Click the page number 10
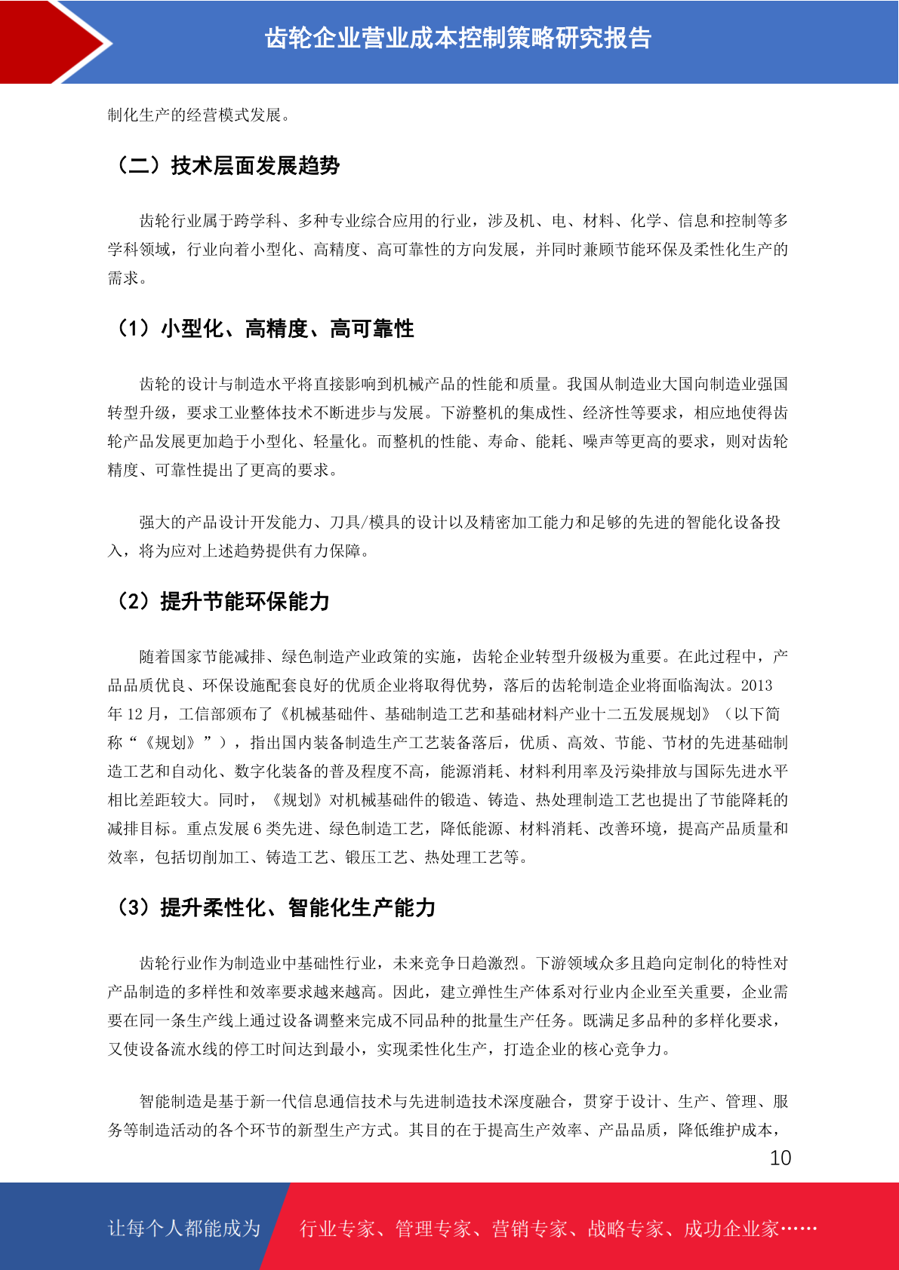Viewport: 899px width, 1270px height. coord(780,1158)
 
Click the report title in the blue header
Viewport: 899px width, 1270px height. coord(458,38)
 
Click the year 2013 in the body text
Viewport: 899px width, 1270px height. coord(756,686)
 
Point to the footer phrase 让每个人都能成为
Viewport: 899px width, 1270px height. coord(184,1229)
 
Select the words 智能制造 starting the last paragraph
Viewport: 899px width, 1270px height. coord(171,1102)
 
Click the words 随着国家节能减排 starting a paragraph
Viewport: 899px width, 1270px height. coord(202,657)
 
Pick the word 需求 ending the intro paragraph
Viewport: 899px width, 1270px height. coord(123,278)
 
